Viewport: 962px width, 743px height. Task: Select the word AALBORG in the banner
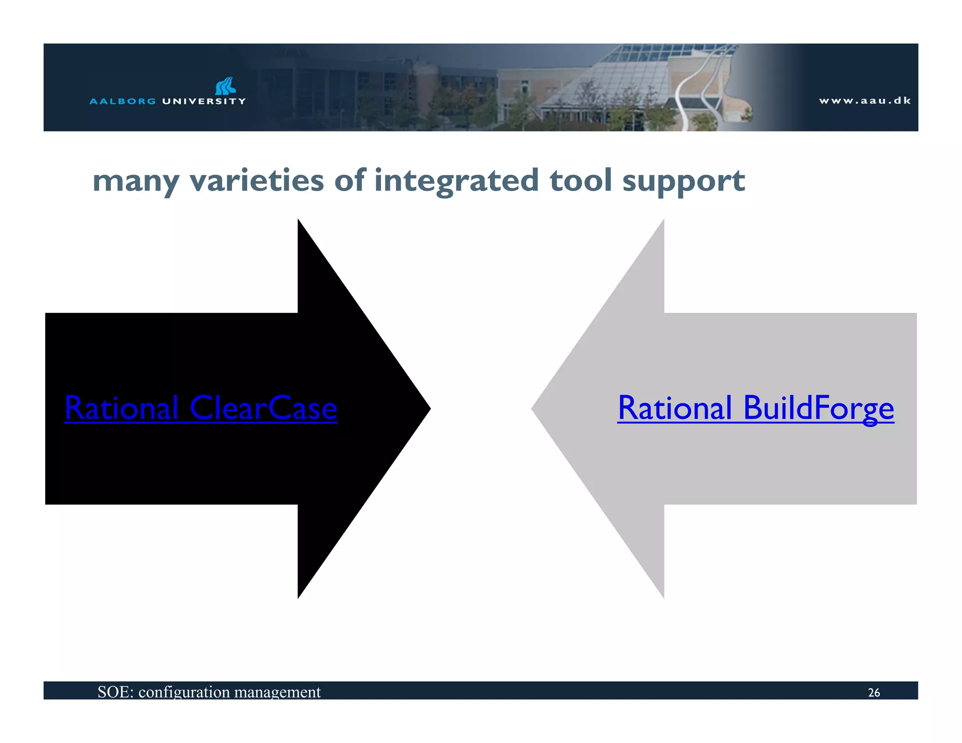pyautogui.click(x=123, y=101)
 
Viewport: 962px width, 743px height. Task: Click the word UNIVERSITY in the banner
pyautogui.click(x=204, y=101)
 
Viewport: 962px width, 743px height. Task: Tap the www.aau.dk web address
pyautogui.click(x=865, y=101)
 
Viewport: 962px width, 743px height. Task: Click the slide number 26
pyautogui.click(x=874, y=692)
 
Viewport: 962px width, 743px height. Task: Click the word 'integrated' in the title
pyautogui.click(x=456, y=181)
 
